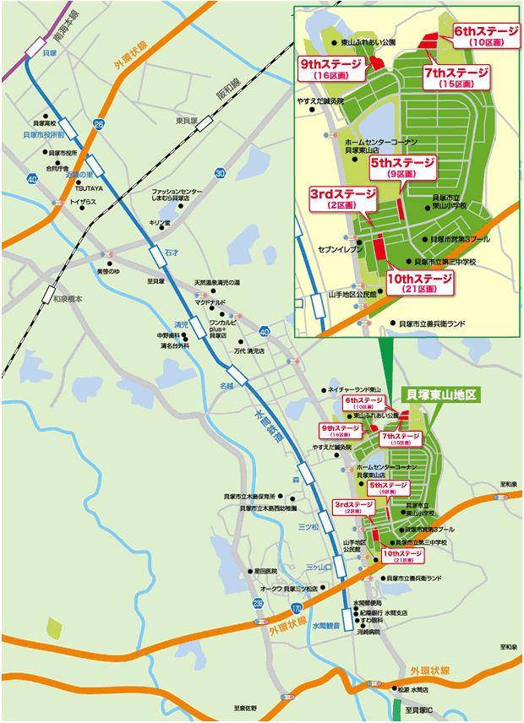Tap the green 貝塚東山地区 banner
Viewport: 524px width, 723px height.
[x=442, y=394]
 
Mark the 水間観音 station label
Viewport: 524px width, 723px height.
[x=325, y=626]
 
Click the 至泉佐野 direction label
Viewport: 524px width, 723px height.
[x=251, y=708]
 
